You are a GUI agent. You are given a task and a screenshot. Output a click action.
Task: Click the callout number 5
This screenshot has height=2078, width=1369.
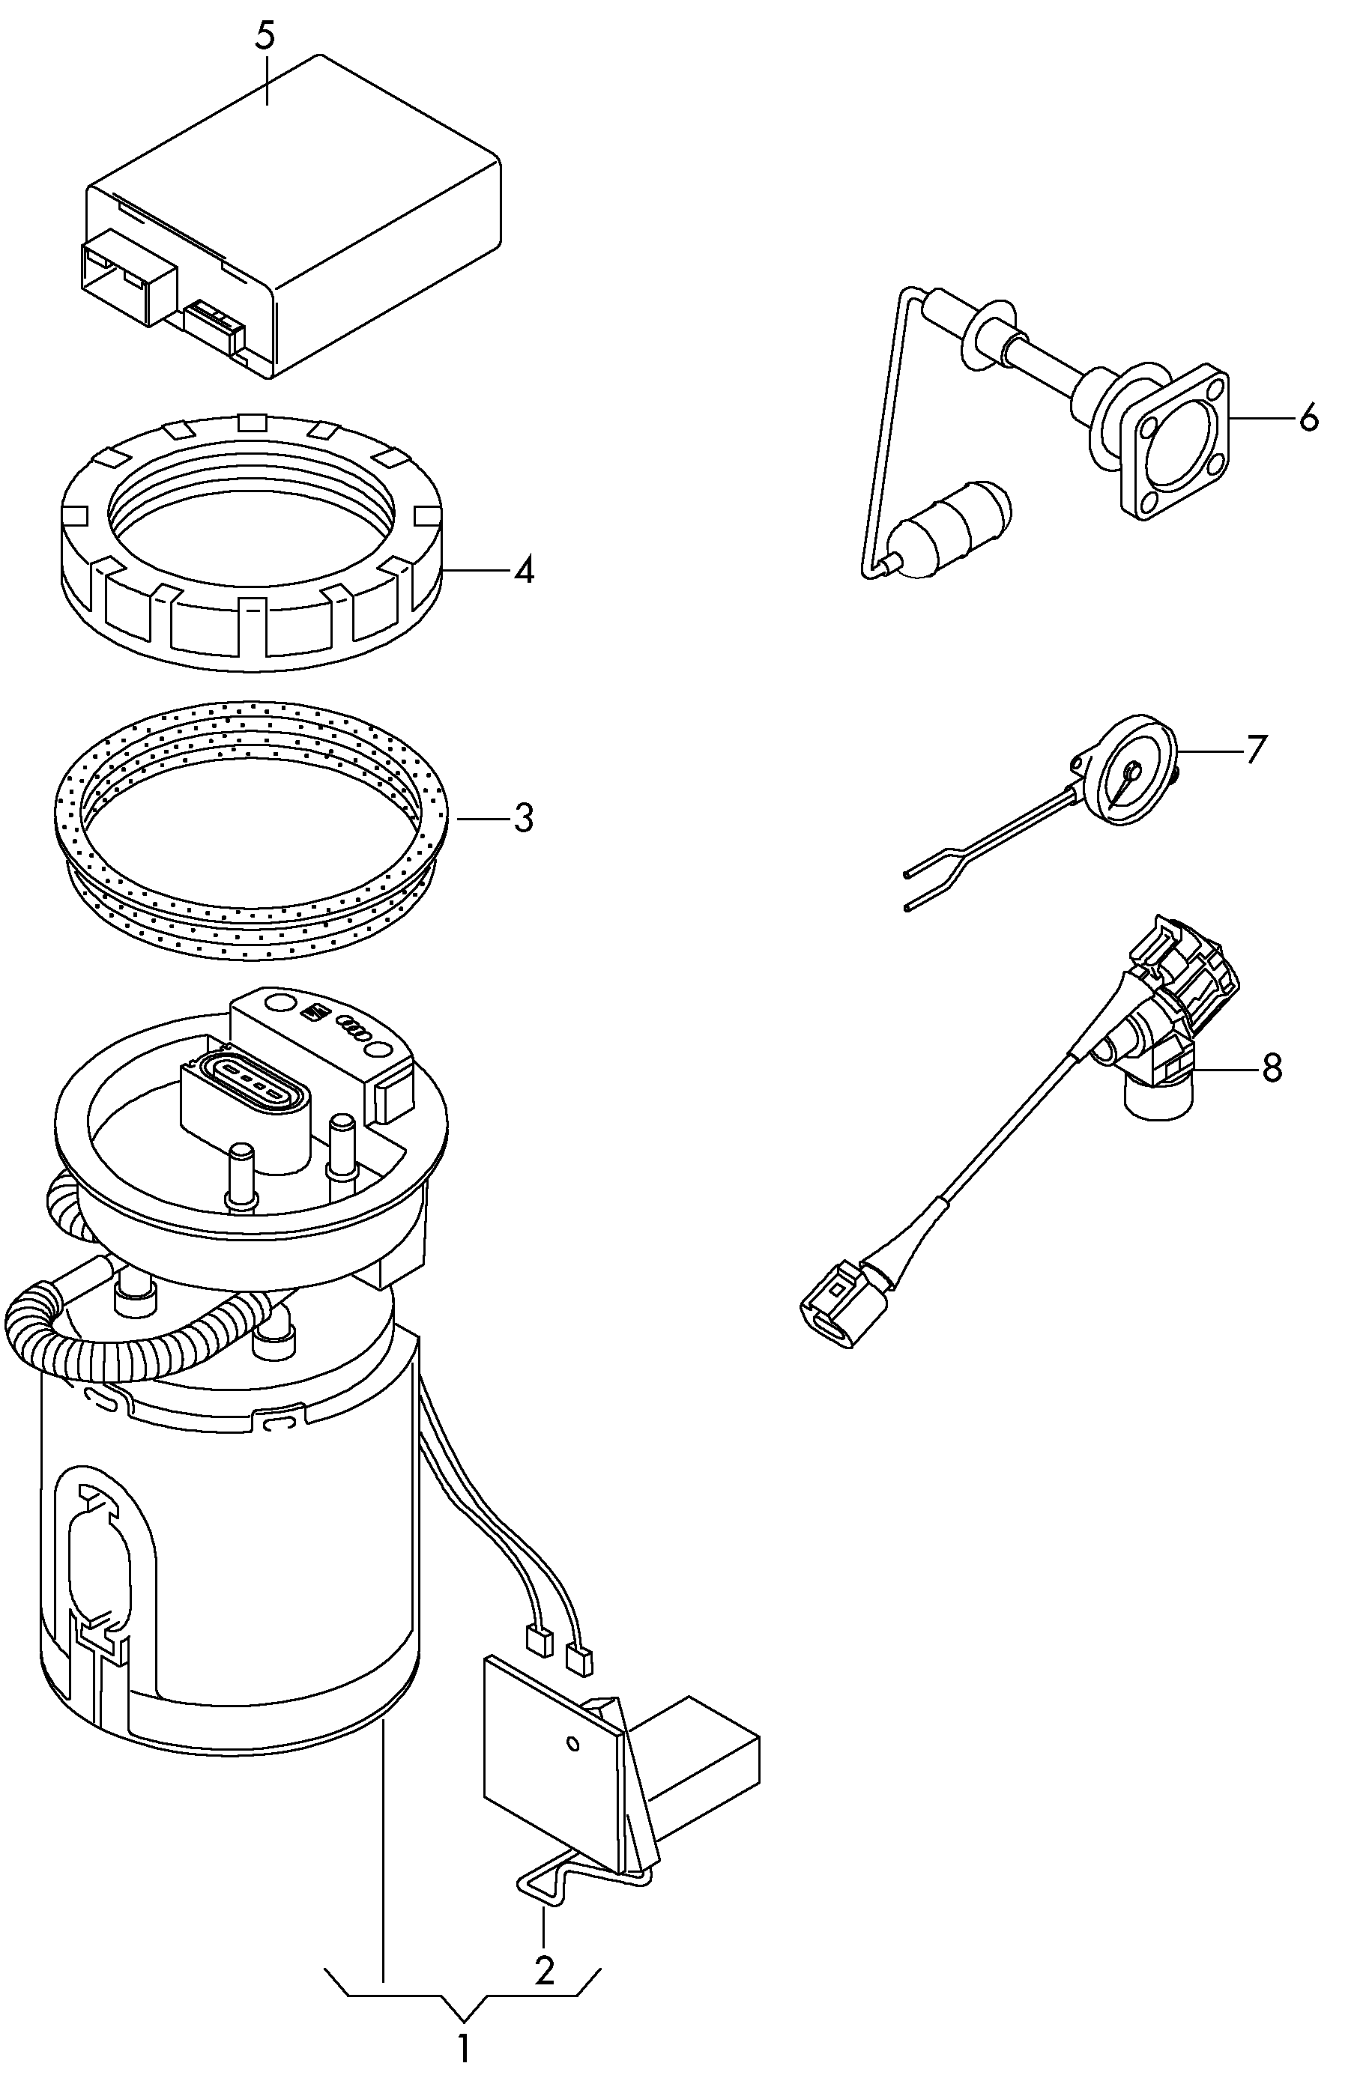pos(265,37)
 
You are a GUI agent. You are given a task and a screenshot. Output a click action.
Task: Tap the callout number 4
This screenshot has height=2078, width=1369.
pos(523,571)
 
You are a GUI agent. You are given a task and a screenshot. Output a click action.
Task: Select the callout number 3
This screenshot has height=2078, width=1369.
pos(523,818)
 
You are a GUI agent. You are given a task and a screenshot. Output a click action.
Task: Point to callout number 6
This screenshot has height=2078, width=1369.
pos(1307,418)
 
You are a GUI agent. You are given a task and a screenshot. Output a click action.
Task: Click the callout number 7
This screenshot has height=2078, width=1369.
pos(1254,749)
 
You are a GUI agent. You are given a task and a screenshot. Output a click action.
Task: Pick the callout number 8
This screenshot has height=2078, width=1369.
pos(1272,1067)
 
